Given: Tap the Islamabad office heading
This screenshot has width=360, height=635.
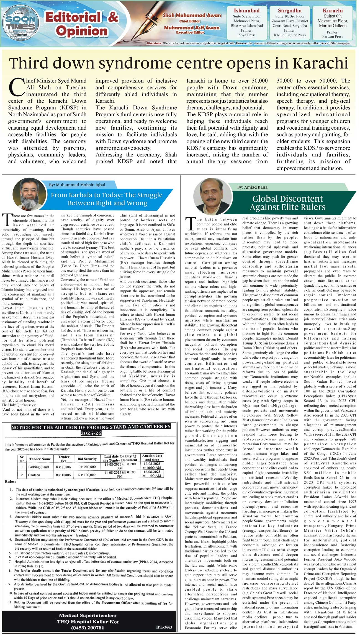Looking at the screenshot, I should [x=247, y=11].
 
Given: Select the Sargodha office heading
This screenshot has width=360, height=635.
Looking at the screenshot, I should [x=290, y=11].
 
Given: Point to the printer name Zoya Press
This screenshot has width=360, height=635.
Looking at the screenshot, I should [x=247, y=35].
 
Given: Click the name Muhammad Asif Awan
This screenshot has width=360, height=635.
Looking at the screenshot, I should [x=192, y=28].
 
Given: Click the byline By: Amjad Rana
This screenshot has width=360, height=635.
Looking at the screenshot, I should [x=252, y=187].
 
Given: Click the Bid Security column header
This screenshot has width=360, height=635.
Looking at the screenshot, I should [x=87, y=459].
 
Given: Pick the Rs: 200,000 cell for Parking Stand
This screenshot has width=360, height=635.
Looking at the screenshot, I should [x=87, y=467].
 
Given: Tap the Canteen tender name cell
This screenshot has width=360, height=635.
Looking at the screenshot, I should [x=34, y=475].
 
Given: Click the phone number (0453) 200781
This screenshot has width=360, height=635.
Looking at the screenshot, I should [x=88, y=628].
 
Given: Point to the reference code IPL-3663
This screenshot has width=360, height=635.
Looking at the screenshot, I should [x=164, y=627].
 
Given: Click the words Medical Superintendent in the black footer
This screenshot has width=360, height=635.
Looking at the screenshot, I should [x=88, y=615].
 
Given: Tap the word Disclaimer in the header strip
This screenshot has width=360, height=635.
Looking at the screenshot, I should [x=154, y=43].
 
